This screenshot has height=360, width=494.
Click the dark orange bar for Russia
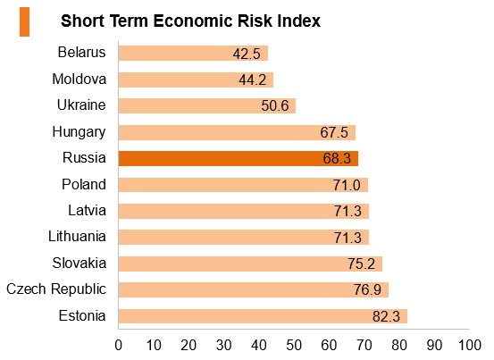click(239, 158)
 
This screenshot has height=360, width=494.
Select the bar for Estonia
click(263, 316)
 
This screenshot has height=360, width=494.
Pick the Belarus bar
click(193, 53)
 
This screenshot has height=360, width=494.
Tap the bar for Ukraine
click(207, 105)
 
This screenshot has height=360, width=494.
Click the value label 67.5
click(334, 132)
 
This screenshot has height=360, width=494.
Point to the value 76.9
click(367, 289)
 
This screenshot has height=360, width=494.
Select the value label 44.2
click(252, 80)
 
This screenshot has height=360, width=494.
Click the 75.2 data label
click(362, 264)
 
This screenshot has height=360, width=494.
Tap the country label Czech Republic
click(56, 289)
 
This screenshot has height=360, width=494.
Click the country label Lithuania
click(77, 237)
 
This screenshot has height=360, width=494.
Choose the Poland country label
click(84, 185)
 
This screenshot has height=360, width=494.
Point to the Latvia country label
click(87, 211)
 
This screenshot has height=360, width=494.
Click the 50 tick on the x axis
click(294, 346)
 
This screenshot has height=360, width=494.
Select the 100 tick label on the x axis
click(469, 346)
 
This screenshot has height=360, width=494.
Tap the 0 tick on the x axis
click(119, 346)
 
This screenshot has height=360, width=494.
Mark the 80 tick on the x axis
click(399, 346)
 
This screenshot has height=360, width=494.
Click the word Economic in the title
click(193, 21)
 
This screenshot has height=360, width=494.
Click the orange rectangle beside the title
click(25, 22)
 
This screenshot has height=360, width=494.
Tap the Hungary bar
click(237, 132)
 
